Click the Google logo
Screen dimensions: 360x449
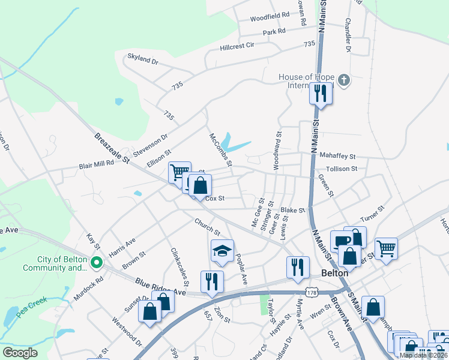[20, 353]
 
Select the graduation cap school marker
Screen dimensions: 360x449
[222, 251]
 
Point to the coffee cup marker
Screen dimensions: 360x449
[341, 240]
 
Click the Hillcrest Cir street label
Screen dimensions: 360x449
[237, 46]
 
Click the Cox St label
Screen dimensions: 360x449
[214, 198]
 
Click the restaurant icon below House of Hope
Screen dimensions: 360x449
[320, 93]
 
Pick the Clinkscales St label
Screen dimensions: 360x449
[179, 266]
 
